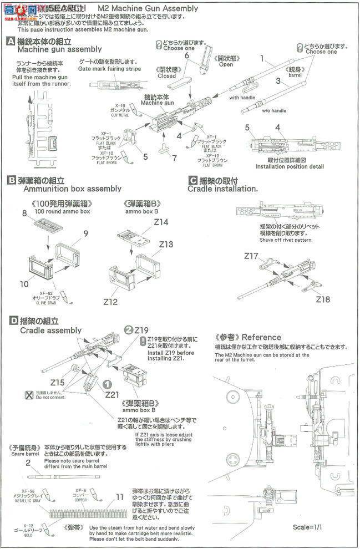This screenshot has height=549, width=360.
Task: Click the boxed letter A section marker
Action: coord(11,42)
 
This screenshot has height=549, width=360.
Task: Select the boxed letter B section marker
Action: coord(11,180)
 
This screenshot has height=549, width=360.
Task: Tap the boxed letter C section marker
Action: coord(192,180)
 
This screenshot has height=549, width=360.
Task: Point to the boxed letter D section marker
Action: coord(11,321)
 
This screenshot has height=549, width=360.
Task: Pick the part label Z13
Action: coord(166,245)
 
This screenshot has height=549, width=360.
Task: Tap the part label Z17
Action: coord(251,256)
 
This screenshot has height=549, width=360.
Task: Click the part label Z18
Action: coord(323,299)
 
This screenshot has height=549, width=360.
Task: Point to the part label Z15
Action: coord(57,382)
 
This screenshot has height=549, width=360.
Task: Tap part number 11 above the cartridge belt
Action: coord(119,497)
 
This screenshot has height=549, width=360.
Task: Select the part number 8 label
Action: coord(24,213)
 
